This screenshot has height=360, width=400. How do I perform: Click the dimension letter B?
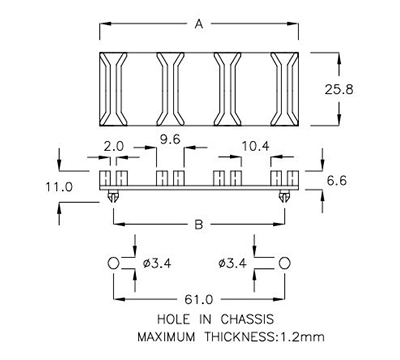point(200,226)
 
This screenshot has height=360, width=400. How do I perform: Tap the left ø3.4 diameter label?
point(157,263)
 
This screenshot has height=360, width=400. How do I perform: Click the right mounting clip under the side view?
point(287,198)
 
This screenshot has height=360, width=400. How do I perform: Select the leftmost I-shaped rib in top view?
point(113,88)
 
